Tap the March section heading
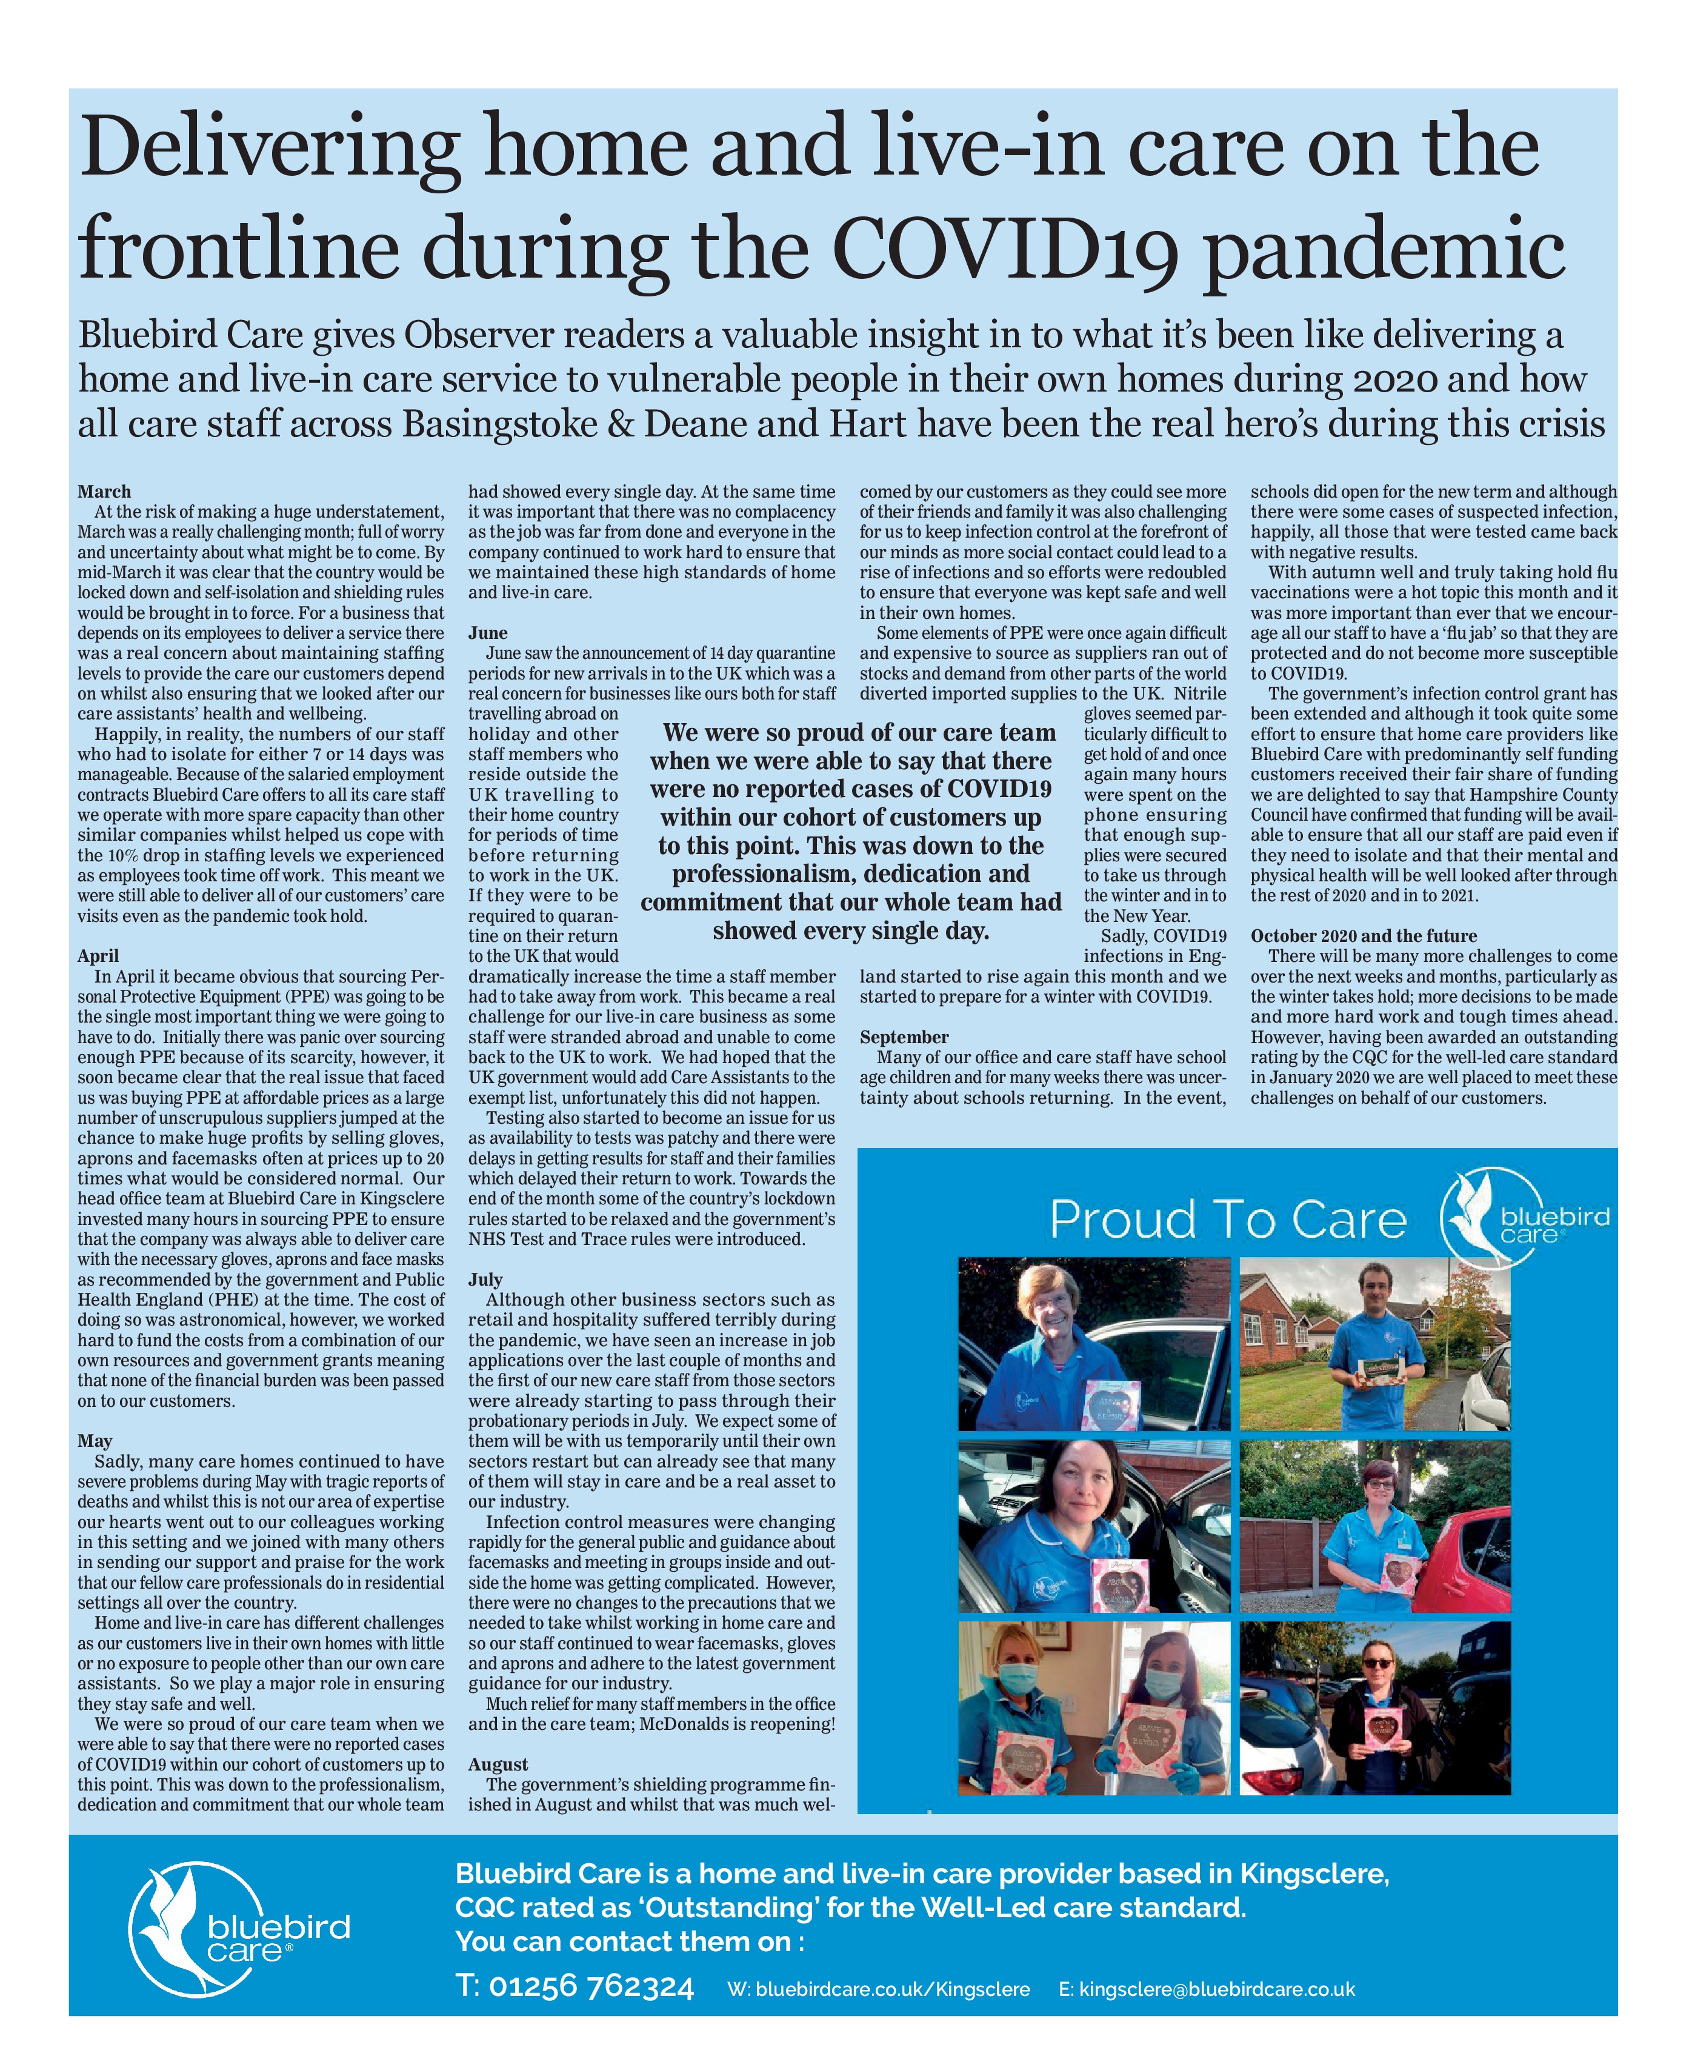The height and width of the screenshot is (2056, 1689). (x=104, y=492)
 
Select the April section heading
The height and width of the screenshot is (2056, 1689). (x=98, y=955)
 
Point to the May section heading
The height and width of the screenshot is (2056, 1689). (x=95, y=1440)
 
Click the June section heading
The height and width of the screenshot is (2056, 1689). (x=488, y=632)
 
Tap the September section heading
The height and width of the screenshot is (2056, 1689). (x=904, y=1037)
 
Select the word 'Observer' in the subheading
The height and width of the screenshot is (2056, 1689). (x=479, y=335)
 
